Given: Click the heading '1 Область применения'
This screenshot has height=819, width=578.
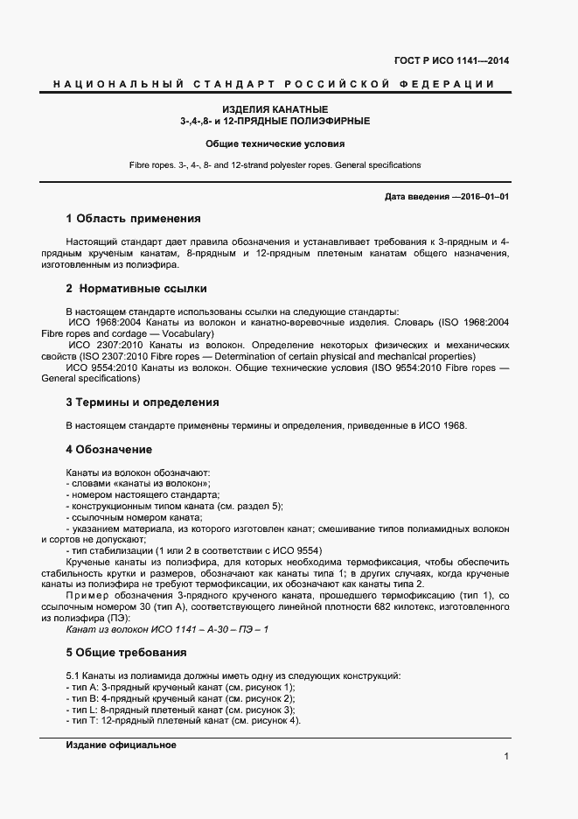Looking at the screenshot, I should (x=134, y=219).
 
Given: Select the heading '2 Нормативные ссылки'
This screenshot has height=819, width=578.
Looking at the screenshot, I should (x=136, y=288).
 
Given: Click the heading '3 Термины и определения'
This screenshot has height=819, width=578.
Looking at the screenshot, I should (x=143, y=402).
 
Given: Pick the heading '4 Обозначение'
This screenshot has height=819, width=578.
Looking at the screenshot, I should (x=109, y=450).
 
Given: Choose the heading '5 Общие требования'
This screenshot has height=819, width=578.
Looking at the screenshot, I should (x=126, y=653).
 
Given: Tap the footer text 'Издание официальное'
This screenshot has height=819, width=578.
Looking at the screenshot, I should (x=122, y=745).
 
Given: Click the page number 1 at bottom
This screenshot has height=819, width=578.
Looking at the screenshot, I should (x=506, y=756).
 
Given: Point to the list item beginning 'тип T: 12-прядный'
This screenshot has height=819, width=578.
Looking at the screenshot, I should (x=183, y=721).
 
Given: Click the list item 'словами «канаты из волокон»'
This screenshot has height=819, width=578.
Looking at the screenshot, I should (x=138, y=484).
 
